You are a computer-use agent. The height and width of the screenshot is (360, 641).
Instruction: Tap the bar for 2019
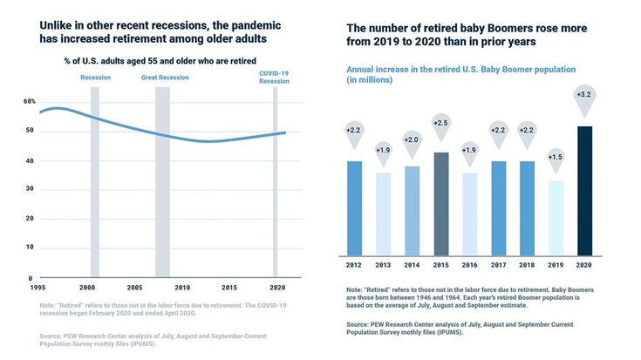point(556,217)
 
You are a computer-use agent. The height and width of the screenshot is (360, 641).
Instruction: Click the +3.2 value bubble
point(585,95)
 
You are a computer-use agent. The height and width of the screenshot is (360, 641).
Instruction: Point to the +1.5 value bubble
point(556,157)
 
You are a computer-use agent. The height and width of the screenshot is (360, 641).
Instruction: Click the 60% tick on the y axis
point(30,101)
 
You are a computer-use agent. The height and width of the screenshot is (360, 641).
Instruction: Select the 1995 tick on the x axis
point(38,287)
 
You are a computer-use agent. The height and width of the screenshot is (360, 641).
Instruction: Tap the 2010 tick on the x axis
point(181,287)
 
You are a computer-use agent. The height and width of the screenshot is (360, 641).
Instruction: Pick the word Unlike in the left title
point(58,24)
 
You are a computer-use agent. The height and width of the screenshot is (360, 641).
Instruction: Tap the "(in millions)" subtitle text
point(370,80)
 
